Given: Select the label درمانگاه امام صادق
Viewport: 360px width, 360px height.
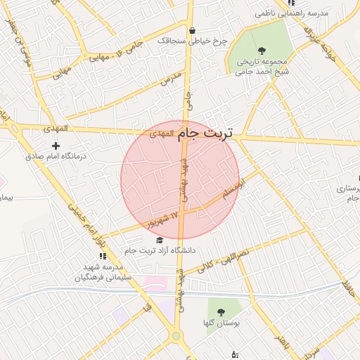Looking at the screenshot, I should (54, 157).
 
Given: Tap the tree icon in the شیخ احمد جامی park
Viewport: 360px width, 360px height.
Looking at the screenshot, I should (262, 50).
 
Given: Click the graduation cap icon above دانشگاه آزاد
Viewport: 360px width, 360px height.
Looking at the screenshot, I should (158, 240).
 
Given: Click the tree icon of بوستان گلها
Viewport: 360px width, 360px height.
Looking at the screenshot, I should (221, 311).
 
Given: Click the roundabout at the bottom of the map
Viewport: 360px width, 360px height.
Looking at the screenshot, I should (176, 337).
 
